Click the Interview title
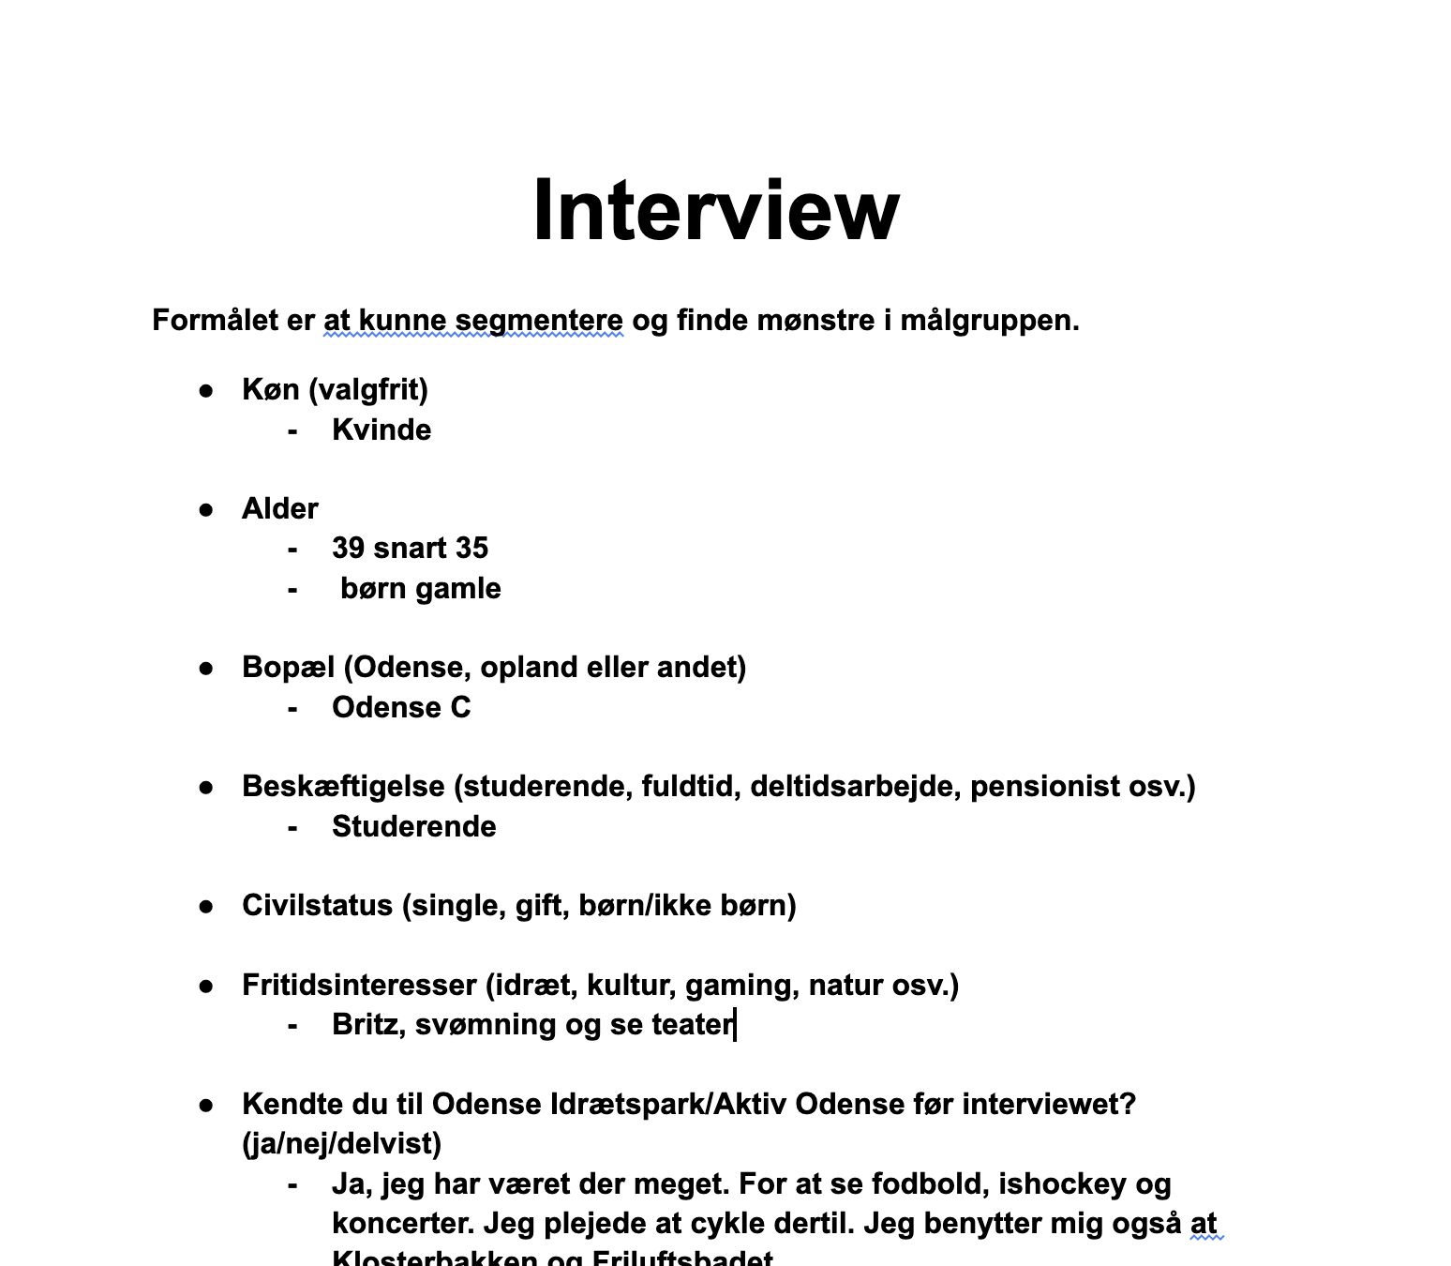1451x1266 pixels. point(715,210)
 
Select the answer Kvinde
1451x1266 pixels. point(381,430)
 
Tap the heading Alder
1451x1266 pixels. point(279,508)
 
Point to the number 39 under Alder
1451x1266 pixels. point(348,548)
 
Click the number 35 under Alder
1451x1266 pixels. point(471,548)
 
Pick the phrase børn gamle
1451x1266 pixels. point(420,588)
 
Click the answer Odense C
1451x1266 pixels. point(401,707)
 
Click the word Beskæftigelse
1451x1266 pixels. point(343,786)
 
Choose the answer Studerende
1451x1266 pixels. point(413,826)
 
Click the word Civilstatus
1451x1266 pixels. point(317,905)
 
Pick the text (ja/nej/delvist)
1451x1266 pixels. point(341,1143)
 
